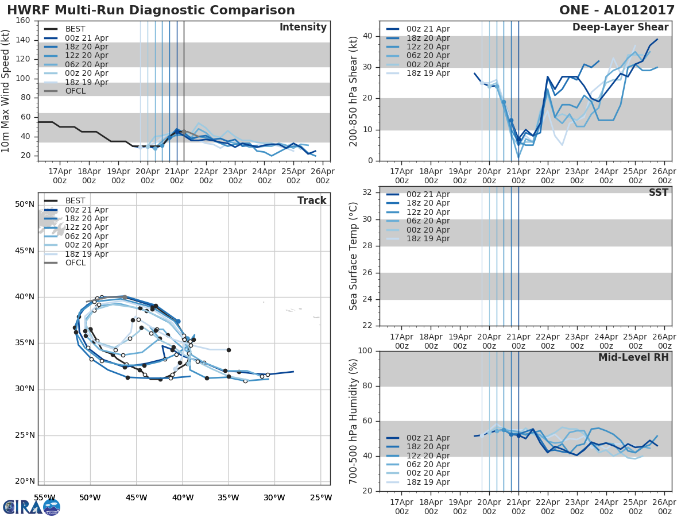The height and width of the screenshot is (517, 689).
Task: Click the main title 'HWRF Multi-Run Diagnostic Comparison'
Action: coord(151,10)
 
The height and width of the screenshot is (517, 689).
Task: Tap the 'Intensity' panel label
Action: coord(303,28)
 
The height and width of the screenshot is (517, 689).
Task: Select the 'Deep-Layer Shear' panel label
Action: coord(620,28)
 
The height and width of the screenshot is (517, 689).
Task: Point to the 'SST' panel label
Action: coord(659,192)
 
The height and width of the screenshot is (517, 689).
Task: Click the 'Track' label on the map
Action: coord(312,200)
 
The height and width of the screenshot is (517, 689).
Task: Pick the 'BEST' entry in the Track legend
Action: coord(75,200)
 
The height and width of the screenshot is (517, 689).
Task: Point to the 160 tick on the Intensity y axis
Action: coord(24,21)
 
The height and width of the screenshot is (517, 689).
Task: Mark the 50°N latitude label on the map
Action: coord(25,205)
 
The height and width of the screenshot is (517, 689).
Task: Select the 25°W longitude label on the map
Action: coord(320,497)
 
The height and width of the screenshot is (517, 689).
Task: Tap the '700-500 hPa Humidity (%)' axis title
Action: coord(354,420)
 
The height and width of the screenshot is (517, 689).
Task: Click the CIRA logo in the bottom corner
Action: coord(31,507)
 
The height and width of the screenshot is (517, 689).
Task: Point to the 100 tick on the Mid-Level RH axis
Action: coord(366,351)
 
